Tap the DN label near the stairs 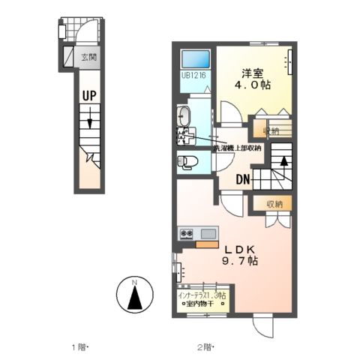click(x=242, y=180)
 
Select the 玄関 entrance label click(x=89, y=55)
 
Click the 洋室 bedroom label click(x=253, y=73)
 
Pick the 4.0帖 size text click(x=256, y=86)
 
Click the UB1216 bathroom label click(x=193, y=75)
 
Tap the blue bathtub click(x=196, y=59)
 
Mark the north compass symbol click(x=134, y=297)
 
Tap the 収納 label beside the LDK click(x=274, y=203)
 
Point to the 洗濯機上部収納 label click(x=237, y=148)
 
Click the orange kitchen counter click(x=205, y=242)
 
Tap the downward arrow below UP click(x=89, y=120)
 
